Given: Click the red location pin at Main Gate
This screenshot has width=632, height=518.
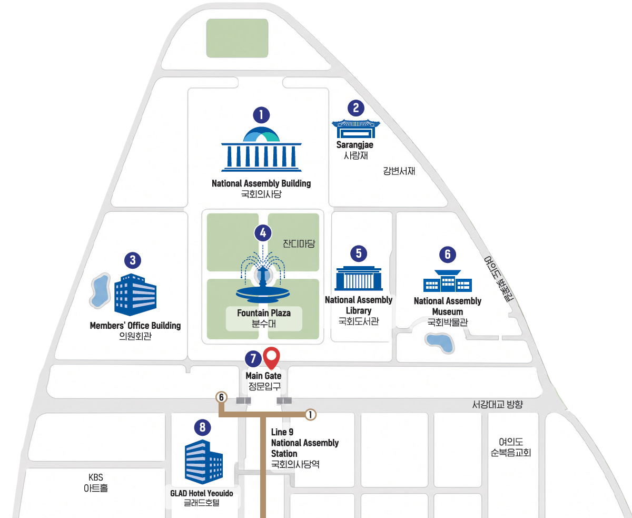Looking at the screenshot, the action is (x=271, y=358).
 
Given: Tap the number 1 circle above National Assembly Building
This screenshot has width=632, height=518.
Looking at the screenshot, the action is (x=261, y=115).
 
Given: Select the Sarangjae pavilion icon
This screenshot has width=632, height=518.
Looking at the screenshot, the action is (x=355, y=128).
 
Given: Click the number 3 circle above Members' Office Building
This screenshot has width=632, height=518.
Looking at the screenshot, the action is (x=133, y=260).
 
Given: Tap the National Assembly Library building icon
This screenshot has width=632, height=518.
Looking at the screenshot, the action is (x=359, y=278).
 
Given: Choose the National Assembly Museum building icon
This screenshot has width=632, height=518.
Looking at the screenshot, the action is (x=448, y=281).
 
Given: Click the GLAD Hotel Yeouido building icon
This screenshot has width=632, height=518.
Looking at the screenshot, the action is (x=203, y=462).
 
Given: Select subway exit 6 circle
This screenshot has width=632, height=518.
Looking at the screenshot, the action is (x=221, y=397).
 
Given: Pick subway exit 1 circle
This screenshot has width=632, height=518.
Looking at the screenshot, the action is (x=310, y=415).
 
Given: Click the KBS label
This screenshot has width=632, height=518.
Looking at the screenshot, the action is (x=96, y=477).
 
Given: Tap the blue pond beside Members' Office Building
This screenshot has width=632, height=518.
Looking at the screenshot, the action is (x=100, y=291).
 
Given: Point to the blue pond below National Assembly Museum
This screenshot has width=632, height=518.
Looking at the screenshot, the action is (x=439, y=343).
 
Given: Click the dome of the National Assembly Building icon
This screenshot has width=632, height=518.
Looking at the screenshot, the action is (x=261, y=134).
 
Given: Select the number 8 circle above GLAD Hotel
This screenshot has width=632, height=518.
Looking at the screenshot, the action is (x=203, y=427).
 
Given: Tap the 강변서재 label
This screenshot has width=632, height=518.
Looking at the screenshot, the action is (x=399, y=171).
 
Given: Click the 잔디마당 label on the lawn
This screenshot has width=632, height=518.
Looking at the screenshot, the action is (x=299, y=243).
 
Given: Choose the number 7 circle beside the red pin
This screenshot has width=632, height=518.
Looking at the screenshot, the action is (x=253, y=358).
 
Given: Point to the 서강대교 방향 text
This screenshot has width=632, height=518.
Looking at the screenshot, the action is (x=498, y=404).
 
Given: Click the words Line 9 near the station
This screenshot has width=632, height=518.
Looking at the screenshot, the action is (x=282, y=432).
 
